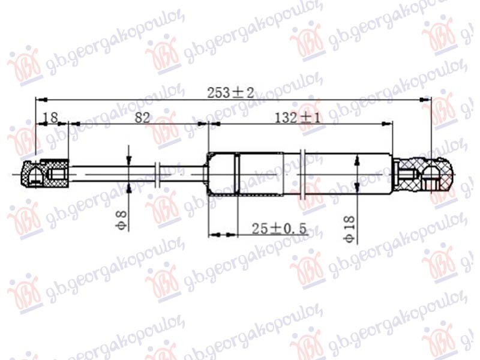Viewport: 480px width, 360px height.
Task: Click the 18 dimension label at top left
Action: pyautogui.click(x=50, y=118)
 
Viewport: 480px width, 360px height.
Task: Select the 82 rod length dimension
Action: pyautogui.click(x=142, y=118)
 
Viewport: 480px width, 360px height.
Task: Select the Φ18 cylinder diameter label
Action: pyautogui.click(x=350, y=227)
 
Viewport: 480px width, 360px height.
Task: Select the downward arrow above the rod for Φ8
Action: pyautogui.click(x=128, y=159)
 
